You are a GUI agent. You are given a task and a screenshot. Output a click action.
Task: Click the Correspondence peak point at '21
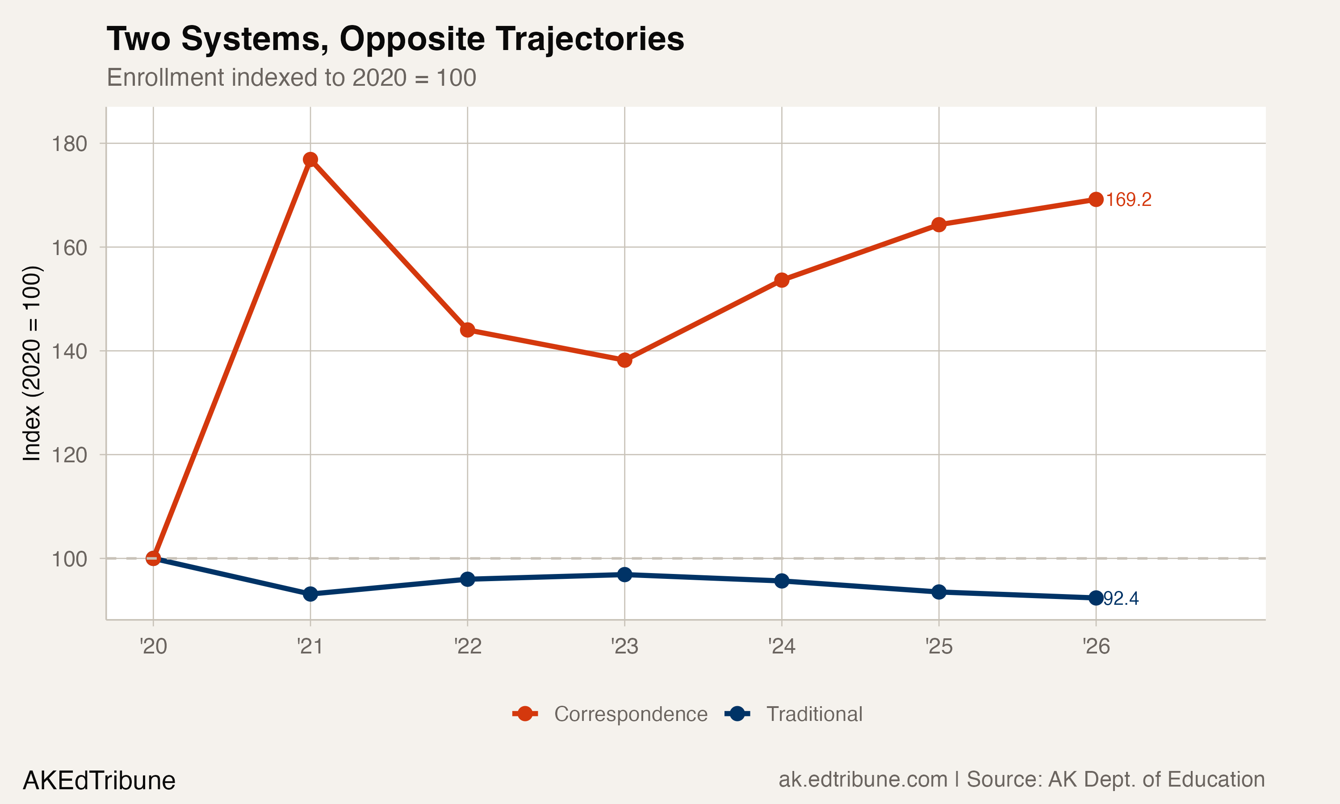[x=310, y=159]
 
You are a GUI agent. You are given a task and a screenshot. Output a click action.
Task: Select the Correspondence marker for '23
[x=624, y=360]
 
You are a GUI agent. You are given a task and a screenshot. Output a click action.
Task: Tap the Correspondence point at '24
[x=782, y=280]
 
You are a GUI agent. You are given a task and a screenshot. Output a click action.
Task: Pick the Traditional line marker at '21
[x=310, y=594]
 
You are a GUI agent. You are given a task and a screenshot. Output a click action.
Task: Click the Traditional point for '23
[x=624, y=574]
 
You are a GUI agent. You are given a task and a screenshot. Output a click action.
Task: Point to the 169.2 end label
[x=1128, y=200]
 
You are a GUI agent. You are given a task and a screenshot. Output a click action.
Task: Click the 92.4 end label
[x=1121, y=599]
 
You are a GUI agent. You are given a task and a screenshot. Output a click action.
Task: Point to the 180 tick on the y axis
[x=69, y=144]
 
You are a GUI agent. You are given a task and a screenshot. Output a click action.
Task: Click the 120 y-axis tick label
[x=69, y=455]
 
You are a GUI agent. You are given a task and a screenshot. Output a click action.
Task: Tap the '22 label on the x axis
[x=467, y=646]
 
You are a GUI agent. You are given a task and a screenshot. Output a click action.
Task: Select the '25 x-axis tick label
[x=938, y=646]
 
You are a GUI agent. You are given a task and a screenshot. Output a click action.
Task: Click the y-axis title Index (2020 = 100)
[x=31, y=363]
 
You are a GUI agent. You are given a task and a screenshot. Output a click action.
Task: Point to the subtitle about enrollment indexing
[x=291, y=77]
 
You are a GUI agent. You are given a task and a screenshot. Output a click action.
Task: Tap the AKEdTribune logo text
[x=99, y=781]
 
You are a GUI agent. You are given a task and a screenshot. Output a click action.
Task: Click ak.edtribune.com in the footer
[x=863, y=779]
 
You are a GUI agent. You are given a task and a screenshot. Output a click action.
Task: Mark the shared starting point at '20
[x=153, y=558]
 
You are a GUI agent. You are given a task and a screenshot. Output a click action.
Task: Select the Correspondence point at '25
[x=938, y=224]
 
